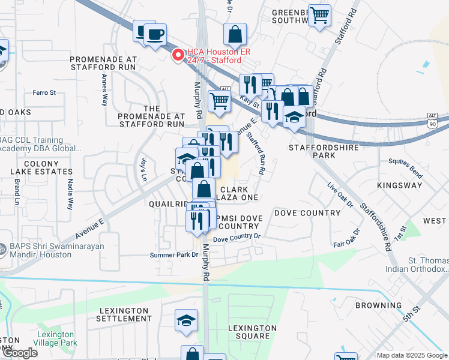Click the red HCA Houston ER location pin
click(178, 55)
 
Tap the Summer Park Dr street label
click(173, 255)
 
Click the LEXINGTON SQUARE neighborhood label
click(252, 332)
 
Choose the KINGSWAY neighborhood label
click(400, 185)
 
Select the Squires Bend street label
click(406, 161)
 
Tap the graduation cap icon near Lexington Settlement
click(187, 321)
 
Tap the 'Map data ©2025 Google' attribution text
click(411, 355)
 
